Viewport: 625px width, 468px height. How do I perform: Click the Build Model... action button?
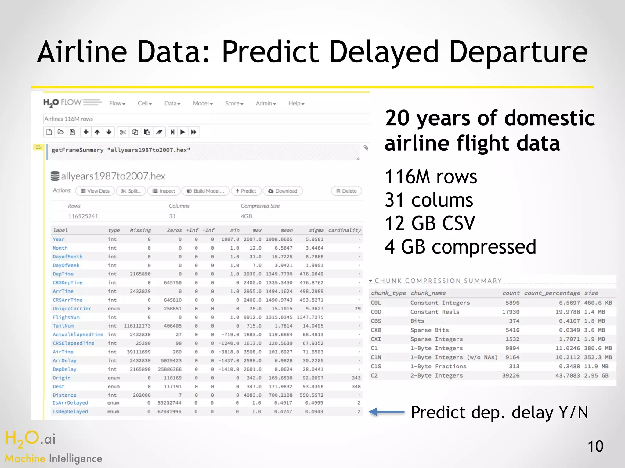[x=206, y=191]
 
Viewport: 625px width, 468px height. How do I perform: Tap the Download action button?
[x=283, y=191]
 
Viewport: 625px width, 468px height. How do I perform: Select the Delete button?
[x=346, y=191]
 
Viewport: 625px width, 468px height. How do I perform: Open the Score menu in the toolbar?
[x=234, y=104]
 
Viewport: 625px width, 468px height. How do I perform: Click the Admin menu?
[x=266, y=104]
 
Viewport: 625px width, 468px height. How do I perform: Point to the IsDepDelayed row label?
[x=70, y=412]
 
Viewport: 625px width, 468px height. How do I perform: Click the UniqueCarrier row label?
[x=72, y=309]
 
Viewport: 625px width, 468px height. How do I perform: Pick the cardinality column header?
[x=344, y=230]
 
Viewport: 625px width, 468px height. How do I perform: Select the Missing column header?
[x=140, y=230]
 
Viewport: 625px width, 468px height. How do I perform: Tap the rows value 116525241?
[x=83, y=216]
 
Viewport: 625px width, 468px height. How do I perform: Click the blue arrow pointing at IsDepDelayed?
[x=386, y=412]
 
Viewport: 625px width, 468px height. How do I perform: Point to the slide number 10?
[x=595, y=446]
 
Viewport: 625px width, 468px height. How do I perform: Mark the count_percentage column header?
[x=552, y=293]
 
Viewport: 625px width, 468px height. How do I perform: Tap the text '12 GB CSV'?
[x=430, y=223]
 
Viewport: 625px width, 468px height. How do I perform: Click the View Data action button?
[x=95, y=191]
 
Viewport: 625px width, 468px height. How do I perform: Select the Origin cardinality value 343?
[x=356, y=378]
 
